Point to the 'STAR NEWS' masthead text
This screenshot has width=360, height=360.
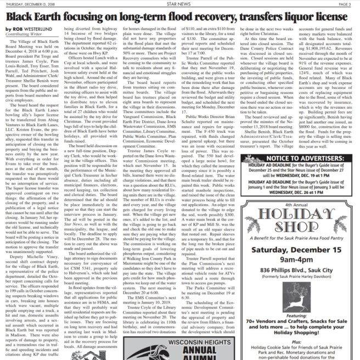(180, 3)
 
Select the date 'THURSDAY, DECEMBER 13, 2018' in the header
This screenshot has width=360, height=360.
(29, 3)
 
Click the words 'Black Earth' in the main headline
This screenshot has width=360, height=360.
(30, 16)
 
